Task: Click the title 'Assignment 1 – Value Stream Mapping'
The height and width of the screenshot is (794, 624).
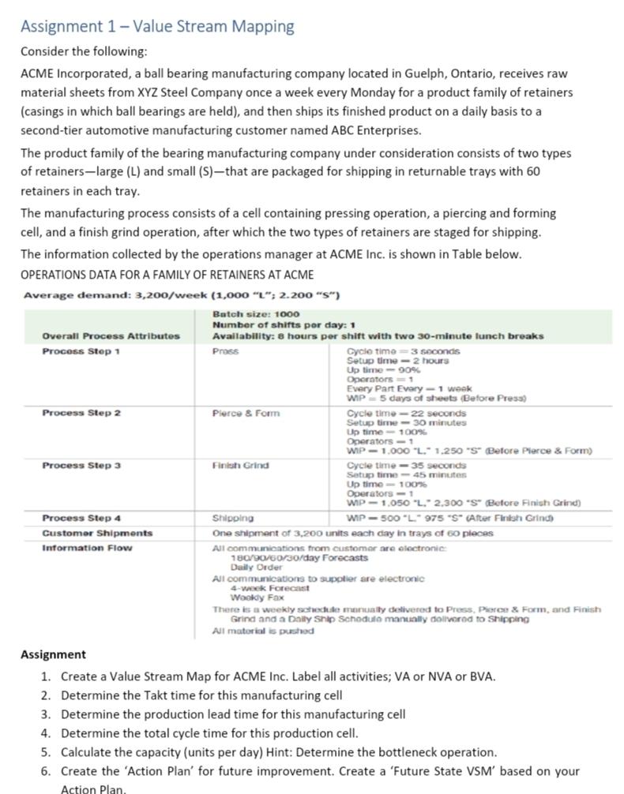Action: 157,26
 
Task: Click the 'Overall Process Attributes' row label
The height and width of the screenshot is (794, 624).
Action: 111,335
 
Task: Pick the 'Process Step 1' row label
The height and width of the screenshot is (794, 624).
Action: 81,350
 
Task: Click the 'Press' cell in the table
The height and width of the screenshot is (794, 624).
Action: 225,350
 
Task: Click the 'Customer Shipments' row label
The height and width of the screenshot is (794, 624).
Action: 97,533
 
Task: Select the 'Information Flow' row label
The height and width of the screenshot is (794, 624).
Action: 87,547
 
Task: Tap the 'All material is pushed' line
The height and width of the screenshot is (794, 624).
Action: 263,631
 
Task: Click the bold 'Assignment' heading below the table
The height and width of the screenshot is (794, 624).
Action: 53,654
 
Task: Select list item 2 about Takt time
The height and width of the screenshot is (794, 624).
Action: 201,695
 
